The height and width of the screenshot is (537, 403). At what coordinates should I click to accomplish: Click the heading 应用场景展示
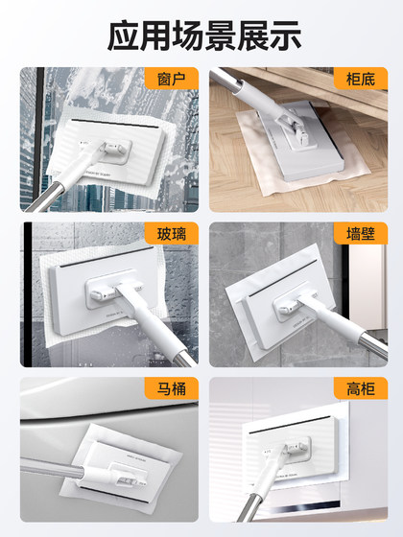201,35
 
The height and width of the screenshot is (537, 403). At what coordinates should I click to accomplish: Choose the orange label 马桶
171,388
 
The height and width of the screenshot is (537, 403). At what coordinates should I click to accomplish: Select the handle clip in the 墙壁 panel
288,305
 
